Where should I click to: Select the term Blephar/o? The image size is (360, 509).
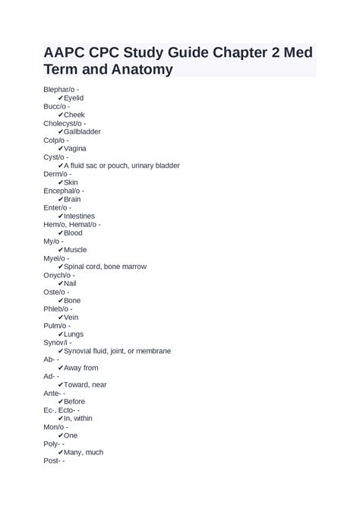click(59, 90)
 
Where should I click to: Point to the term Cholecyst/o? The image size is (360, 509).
click(62, 123)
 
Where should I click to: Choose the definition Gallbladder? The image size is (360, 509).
click(82, 131)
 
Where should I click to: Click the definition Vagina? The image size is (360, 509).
click(75, 149)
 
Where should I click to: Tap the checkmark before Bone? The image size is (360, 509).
click(60, 300)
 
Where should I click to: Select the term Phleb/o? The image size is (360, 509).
click(56, 308)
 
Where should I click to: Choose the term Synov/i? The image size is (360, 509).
click(55, 343)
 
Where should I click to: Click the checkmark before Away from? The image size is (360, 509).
click(60, 368)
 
